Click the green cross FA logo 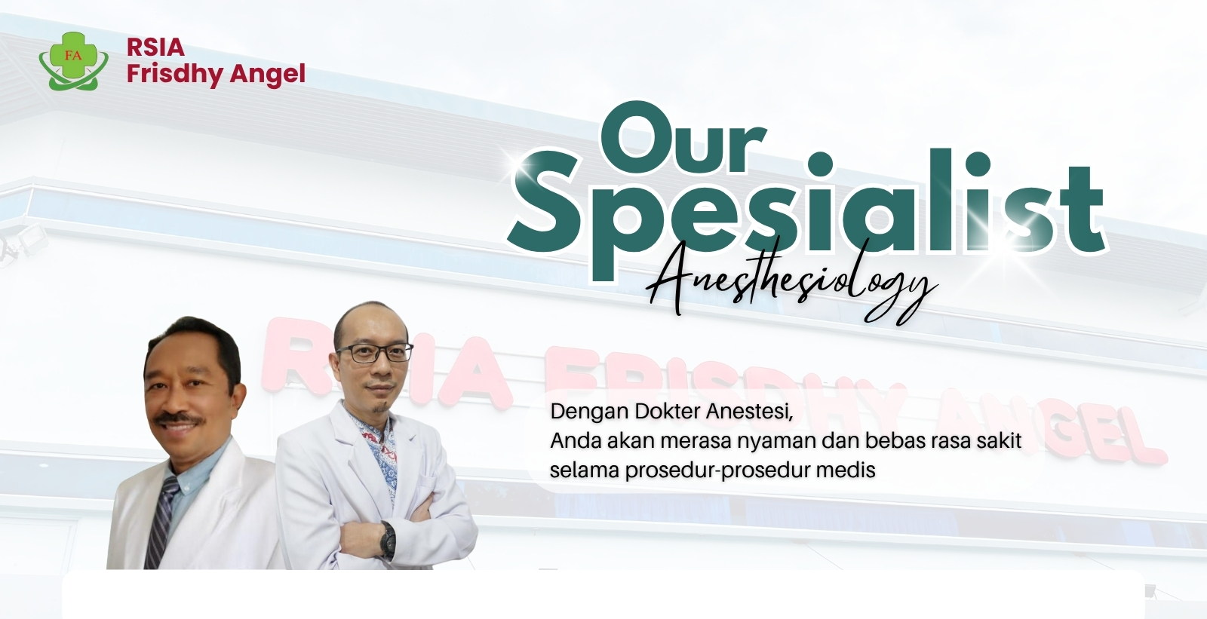(73, 61)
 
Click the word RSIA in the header (155, 47)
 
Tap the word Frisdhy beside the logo (174, 75)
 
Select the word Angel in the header (268, 75)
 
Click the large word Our (683, 138)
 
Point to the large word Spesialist (806, 213)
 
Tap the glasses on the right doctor (374, 353)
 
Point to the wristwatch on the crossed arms (388, 539)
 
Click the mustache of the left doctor (179, 418)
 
